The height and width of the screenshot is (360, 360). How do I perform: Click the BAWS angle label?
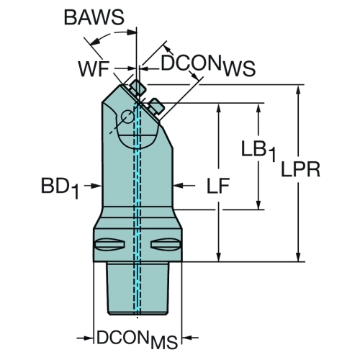(94, 17)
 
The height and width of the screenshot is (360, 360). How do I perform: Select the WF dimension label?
(94, 68)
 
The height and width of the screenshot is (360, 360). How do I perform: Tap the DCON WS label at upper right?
(208, 66)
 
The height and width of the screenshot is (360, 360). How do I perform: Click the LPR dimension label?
(300, 169)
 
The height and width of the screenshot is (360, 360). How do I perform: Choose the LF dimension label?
(218, 186)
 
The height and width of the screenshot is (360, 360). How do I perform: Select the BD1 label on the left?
(60, 187)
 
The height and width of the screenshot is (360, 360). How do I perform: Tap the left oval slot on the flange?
(110, 245)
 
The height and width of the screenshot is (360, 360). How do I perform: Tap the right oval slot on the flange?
(166, 245)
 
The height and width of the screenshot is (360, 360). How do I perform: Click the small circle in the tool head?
(127, 117)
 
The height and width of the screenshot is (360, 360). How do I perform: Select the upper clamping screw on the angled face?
(138, 87)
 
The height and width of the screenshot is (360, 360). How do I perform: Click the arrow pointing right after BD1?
(92, 186)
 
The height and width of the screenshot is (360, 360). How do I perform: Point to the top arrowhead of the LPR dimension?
(298, 91)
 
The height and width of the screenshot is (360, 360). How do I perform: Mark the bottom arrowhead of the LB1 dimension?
(258, 204)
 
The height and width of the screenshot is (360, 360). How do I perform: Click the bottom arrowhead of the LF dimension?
(218, 256)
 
